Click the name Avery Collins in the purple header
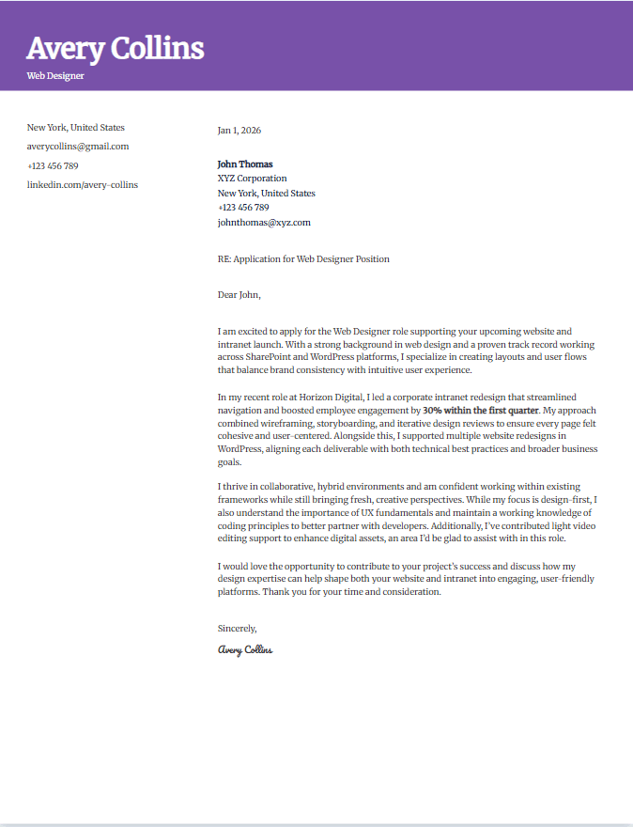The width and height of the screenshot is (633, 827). [x=115, y=48]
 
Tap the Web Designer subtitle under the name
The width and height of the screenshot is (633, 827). [x=55, y=75]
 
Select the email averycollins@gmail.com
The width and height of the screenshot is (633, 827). [x=78, y=147]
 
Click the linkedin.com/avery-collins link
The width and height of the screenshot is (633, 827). [x=83, y=185]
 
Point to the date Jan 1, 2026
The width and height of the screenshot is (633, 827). [x=239, y=131]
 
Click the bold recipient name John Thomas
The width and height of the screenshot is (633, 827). [x=245, y=164]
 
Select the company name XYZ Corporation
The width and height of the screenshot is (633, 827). [x=253, y=179]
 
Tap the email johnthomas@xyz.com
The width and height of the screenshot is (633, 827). [x=264, y=223]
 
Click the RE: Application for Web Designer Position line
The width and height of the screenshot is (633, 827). [x=303, y=259]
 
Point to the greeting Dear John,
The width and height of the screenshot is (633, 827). [x=239, y=295]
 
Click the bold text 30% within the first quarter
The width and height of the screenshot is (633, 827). [x=482, y=411]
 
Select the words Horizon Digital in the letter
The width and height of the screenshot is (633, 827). [x=331, y=398]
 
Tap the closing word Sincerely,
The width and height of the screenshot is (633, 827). [x=237, y=628]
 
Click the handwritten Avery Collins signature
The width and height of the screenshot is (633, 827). [x=245, y=649]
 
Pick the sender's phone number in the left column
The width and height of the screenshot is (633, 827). [x=53, y=166]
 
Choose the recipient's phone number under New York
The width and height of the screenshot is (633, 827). [x=243, y=208]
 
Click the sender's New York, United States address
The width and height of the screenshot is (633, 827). [x=76, y=128]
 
